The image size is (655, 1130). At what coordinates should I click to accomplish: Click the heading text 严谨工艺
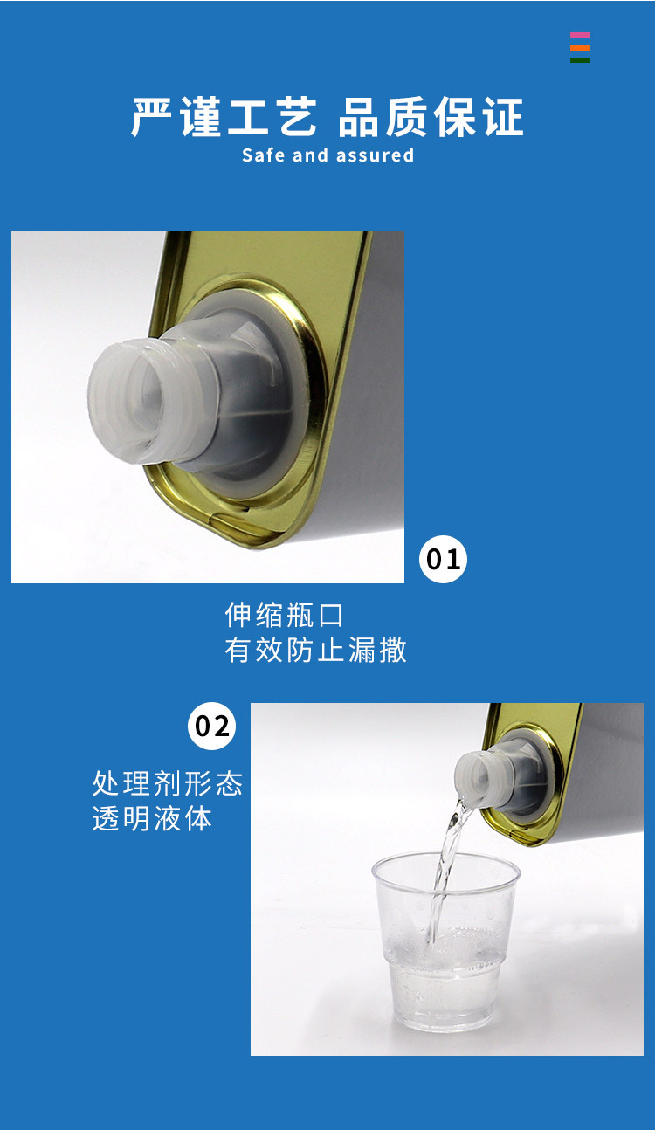click(224, 118)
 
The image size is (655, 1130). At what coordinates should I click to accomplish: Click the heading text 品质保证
click(431, 118)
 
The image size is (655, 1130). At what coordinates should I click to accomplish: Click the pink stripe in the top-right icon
click(580, 36)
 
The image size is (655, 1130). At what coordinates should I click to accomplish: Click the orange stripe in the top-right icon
click(580, 48)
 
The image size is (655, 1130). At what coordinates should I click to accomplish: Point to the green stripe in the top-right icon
click(580, 59)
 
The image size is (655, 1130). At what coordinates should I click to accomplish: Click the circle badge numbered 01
click(444, 559)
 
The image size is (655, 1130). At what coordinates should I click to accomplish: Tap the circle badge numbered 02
click(212, 726)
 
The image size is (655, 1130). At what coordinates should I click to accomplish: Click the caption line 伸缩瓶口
click(285, 615)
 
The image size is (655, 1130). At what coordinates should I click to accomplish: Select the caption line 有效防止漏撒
click(315, 651)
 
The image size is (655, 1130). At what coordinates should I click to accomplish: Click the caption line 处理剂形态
click(167, 783)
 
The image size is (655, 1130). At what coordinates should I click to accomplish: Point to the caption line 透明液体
click(152, 819)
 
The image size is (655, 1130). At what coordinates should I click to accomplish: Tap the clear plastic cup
click(445, 943)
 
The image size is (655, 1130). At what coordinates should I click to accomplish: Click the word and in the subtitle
click(309, 155)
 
